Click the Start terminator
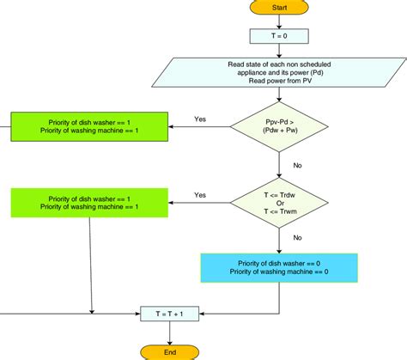(x=278, y=7)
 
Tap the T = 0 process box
(x=278, y=36)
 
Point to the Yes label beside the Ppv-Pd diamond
(x=200, y=119)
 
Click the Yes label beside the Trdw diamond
(x=200, y=194)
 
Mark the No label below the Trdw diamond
(x=297, y=237)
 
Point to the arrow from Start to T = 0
(x=278, y=21)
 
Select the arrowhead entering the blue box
(x=278, y=249)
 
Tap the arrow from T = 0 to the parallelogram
(x=278, y=50)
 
